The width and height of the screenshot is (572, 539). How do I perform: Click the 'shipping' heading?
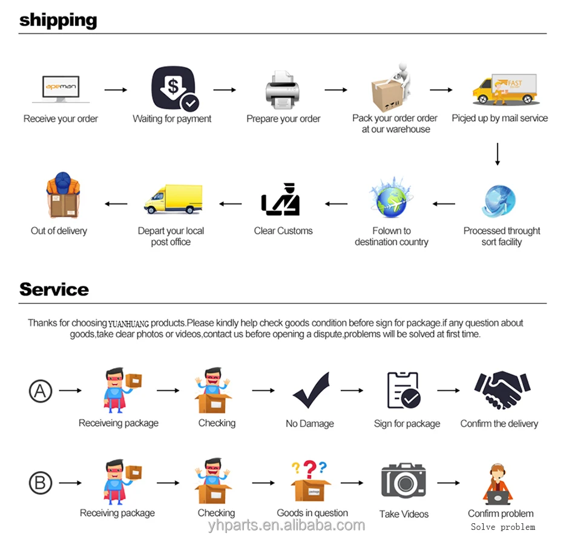point(58,20)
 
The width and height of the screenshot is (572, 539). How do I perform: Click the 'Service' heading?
point(54,289)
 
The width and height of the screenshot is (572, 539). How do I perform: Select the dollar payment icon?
point(174,88)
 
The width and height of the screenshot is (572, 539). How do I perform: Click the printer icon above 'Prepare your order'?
point(283,90)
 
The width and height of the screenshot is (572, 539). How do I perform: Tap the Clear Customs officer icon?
point(282,199)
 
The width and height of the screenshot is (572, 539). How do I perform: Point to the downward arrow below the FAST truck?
point(498,154)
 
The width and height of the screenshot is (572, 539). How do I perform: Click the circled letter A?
point(41,391)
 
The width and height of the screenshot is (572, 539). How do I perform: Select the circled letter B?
point(41,483)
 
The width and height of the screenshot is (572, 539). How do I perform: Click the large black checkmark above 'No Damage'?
point(311,391)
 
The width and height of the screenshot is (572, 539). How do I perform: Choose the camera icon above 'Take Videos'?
point(403,481)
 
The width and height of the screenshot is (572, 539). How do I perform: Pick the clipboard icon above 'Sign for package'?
point(404,390)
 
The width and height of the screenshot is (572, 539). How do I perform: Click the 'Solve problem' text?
point(503,527)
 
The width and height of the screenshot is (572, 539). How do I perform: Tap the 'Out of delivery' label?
point(59,231)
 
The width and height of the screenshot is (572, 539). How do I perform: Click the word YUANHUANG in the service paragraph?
point(129,323)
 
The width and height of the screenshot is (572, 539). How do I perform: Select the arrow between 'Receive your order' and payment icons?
point(116,90)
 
